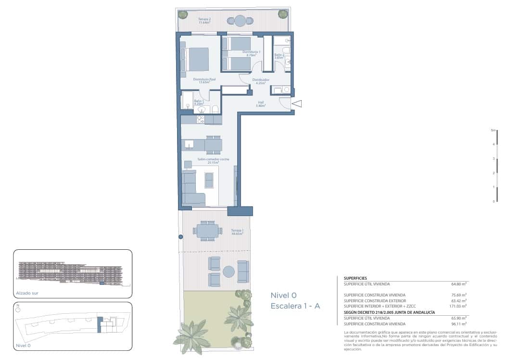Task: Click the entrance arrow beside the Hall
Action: coord(297,103)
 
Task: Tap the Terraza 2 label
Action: coord(205,21)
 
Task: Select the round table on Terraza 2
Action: coord(240,21)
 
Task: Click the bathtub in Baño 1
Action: coord(187,100)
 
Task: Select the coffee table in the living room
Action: coord(209,180)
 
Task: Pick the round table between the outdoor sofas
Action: coord(229,272)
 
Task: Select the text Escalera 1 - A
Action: coord(295,306)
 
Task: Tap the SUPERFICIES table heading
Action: coord(356,278)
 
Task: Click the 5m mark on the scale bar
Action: coord(493,130)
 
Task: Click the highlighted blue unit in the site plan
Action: coord(100,325)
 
